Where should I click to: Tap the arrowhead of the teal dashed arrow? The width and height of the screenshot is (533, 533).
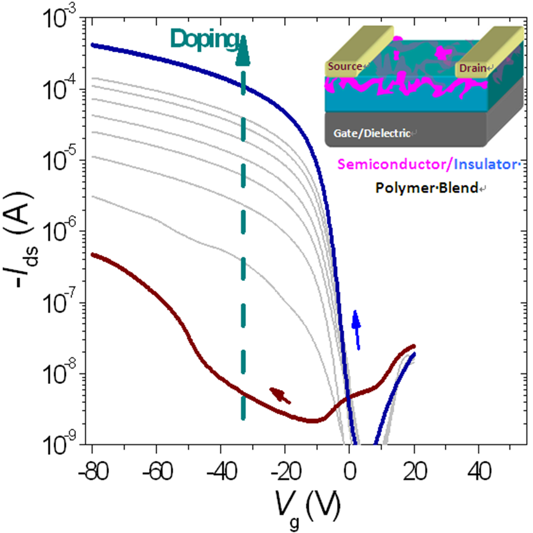[243, 53]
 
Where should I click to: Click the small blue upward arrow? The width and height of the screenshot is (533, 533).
[356, 330]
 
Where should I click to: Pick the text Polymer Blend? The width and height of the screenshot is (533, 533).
[441, 189]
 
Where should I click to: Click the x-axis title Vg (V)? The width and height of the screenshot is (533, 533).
[304, 511]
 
